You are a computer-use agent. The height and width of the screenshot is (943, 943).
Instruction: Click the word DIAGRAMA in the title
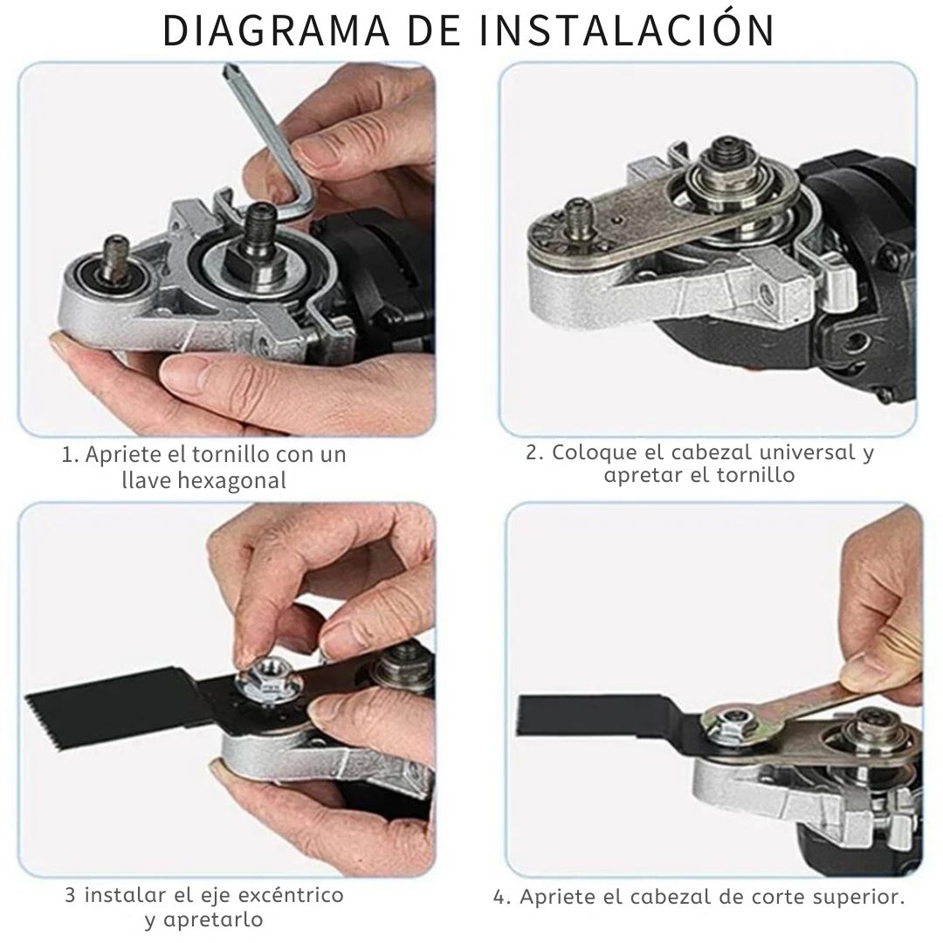[x=277, y=30]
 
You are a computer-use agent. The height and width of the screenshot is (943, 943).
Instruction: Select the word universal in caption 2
[x=796, y=451]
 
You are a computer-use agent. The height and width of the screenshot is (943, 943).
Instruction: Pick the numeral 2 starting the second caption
[x=532, y=452]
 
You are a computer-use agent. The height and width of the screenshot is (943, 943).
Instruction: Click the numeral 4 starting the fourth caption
[x=499, y=898]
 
